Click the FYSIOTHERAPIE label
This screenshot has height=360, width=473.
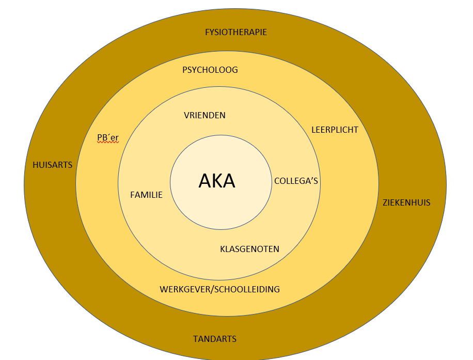236,32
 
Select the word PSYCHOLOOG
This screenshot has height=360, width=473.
210,70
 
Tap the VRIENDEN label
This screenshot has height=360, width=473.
204,115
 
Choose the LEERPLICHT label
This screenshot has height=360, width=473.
335,130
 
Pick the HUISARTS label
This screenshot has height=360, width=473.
52,165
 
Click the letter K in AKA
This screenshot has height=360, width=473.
217,181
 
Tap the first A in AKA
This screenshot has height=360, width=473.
205,181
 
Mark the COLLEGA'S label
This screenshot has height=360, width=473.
296,181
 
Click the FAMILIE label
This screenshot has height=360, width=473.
147,195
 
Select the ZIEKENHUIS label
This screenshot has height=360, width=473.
406,202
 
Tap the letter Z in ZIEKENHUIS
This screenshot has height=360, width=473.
385,202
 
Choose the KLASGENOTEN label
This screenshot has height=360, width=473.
249,249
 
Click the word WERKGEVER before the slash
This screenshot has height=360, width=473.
183,289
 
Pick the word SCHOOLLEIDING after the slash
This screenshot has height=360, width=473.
247,289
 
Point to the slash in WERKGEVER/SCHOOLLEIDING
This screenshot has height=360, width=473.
211,289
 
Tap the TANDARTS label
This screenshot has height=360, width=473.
215,339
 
